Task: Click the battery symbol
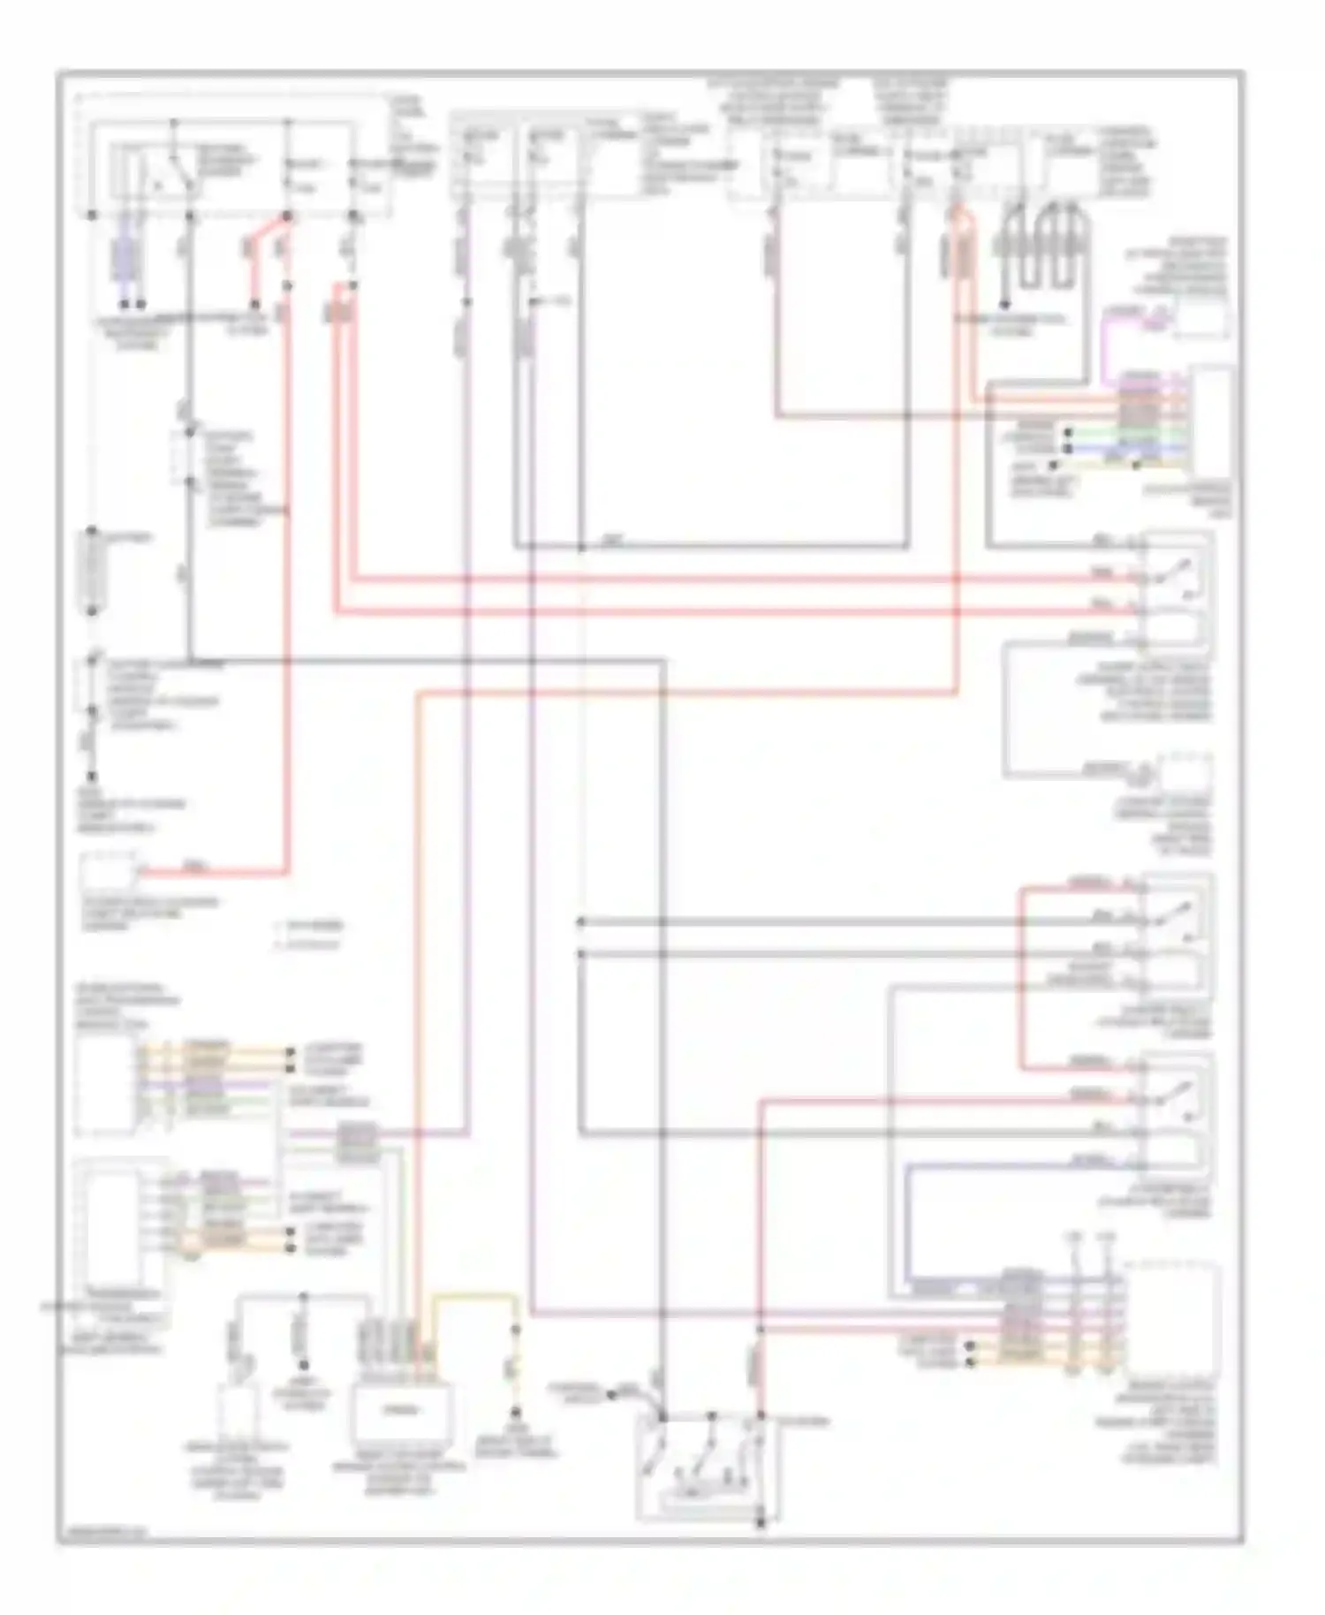point(93,570)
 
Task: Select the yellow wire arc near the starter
point(473,1297)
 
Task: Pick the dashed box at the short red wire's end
point(108,873)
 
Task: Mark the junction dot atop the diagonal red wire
point(286,216)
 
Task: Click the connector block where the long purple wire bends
point(357,1142)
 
